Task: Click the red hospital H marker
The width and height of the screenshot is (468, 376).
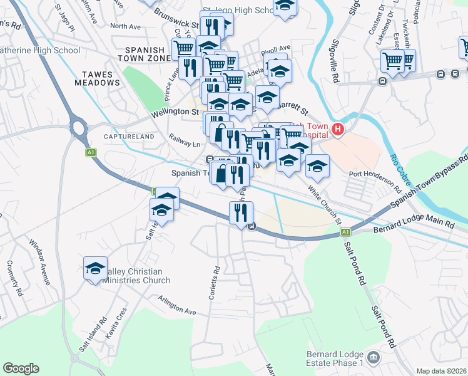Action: (338, 130)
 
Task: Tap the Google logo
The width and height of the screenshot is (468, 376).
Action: (21, 368)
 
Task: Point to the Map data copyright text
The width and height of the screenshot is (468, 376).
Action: (442, 371)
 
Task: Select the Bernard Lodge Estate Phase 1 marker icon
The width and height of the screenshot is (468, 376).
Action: (374, 358)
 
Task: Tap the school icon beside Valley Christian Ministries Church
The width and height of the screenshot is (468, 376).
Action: (95, 268)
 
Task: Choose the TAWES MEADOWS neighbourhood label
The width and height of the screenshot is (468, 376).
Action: (97, 78)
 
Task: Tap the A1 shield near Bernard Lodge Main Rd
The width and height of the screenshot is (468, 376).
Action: (345, 232)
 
